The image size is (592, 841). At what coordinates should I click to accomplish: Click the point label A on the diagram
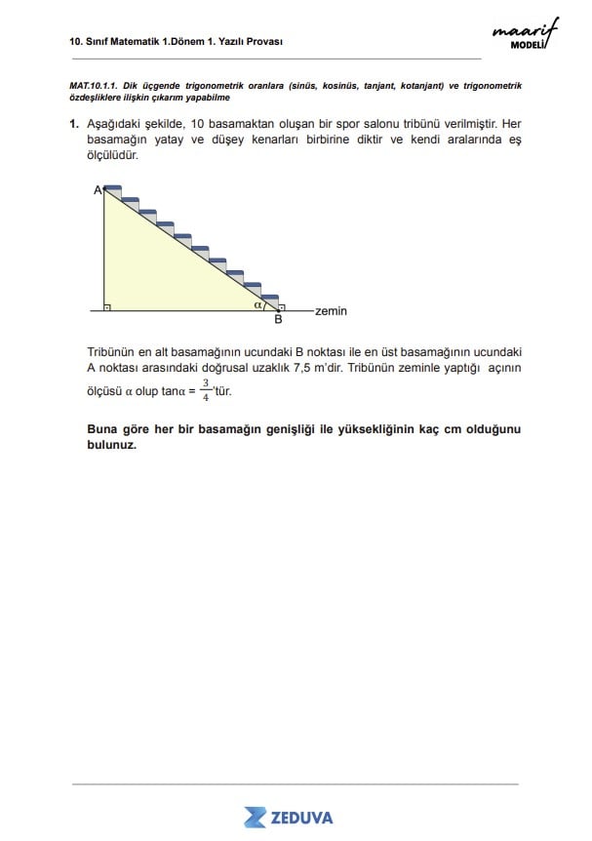point(98,191)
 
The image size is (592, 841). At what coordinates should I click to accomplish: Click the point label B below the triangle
point(278,319)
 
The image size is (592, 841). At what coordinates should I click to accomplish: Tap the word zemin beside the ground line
point(332,311)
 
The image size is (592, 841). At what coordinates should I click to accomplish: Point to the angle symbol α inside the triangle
point(257,304)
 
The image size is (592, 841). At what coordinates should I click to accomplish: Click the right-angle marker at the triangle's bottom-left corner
point(107,306)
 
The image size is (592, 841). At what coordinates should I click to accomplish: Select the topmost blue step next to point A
point(113,187)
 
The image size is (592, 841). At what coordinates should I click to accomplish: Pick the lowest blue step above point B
point(270,297)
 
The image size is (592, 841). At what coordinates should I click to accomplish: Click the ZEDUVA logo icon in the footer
point(256,817)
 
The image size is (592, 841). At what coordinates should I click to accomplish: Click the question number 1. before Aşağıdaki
point(74,125)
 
